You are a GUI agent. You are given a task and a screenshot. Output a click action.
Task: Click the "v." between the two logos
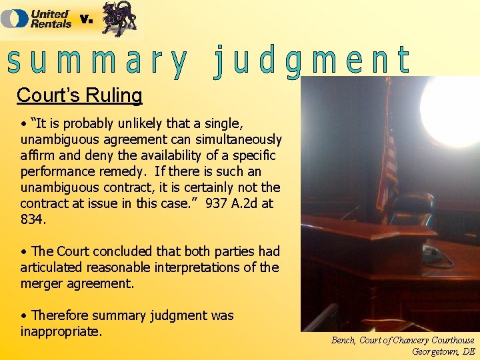(87, 19)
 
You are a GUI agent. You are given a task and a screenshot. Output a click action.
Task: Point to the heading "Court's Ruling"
(79, 95)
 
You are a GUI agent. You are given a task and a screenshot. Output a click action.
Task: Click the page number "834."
(34, 219)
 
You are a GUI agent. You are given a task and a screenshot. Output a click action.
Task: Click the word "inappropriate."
(61, 331)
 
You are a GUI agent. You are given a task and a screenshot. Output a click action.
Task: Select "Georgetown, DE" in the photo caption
(443, 351)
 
